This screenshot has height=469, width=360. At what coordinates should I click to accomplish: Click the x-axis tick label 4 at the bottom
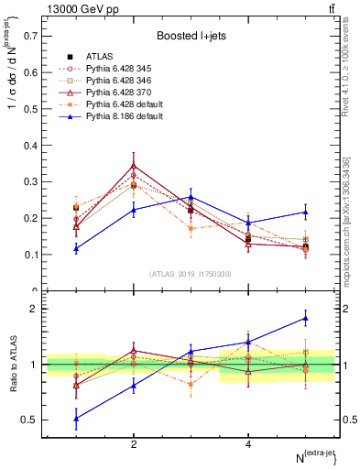249,444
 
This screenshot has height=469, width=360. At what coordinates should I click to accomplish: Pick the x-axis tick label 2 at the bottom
135,444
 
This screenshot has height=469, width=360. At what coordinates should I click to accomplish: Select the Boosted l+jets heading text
191,36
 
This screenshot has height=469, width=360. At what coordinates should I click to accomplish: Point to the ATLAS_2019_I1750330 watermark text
191,274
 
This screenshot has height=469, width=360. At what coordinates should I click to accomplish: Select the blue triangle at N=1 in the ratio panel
76,418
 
